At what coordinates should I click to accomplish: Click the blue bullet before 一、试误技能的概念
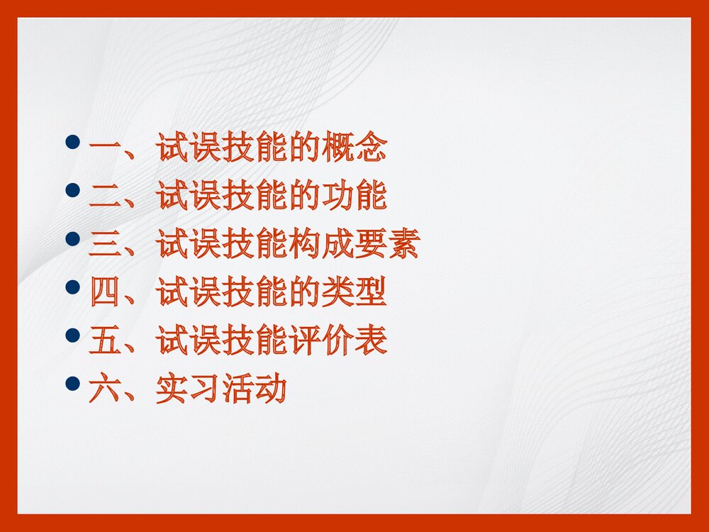(72, 142)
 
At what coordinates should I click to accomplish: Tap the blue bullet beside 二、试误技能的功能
(72, 190)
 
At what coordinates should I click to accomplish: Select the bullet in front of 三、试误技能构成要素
(72, 238)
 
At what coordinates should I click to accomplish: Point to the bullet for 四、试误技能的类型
(72, 287)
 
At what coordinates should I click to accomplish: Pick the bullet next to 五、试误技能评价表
(72, 335)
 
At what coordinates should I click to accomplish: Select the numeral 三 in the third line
(106, 245)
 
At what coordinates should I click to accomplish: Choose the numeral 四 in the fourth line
(106, 293)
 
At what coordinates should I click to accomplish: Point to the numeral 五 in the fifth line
(106, 341)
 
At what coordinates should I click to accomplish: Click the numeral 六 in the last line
(106, 389)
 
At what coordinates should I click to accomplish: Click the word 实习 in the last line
(188, 389)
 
